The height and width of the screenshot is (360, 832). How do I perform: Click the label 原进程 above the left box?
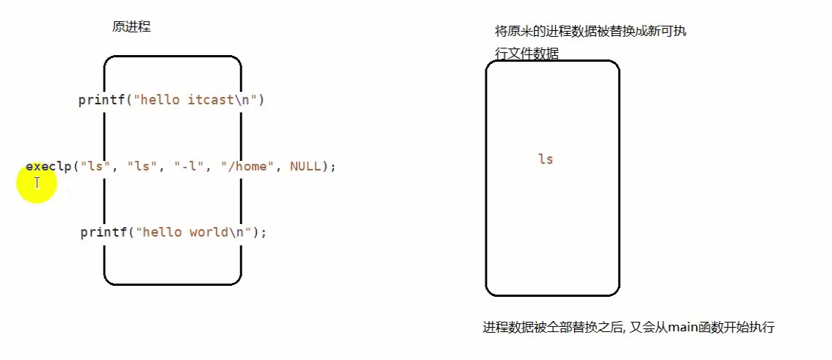point(131,26)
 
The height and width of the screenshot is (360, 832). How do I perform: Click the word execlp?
point(48,167)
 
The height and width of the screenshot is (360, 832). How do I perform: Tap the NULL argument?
point(305,167)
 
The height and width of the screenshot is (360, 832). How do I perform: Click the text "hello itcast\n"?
point(193,100)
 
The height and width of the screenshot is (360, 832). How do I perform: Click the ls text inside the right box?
point(546,159)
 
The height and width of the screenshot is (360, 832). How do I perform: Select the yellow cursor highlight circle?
point(36,183)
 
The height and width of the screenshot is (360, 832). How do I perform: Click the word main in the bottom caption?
point(683,328)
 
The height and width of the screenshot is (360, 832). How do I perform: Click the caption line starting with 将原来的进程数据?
point(591,32)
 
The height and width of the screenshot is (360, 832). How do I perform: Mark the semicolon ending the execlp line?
point(333,167)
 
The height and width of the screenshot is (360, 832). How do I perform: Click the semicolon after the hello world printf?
point(264,232)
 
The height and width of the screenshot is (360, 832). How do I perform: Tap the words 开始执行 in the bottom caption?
point(750,328)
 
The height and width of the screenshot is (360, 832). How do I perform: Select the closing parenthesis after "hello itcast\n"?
point(261,100)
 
